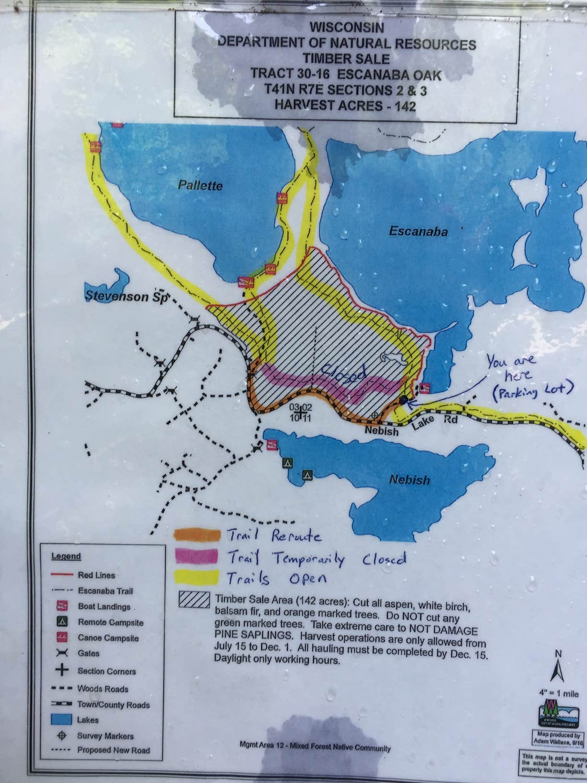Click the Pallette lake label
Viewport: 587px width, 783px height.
(x=200, y=185)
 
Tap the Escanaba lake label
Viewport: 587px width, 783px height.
(x=418, y=232)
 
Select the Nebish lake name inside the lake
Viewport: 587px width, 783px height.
(x=409, y=479)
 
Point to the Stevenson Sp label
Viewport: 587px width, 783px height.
(x=126, y=296)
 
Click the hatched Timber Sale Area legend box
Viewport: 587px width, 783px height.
(x=194, y=600)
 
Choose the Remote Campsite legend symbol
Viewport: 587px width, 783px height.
(x=62, y=622)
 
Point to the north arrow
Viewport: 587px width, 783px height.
(x=557, y=669)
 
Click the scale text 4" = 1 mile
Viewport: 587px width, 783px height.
(x=559, y=693)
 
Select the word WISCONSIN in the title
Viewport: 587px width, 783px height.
(x=346, y=27)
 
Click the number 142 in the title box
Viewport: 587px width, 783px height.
(x=405, y=105)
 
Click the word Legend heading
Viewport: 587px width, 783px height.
(x=66, y=556)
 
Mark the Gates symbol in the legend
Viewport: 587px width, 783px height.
(x=62, y=653)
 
